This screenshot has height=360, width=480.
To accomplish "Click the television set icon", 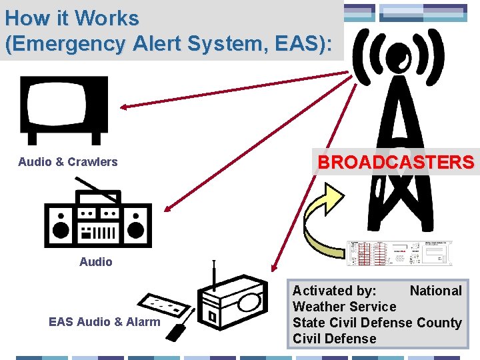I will [x=64, y=109].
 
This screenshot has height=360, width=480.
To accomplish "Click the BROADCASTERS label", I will [x=396, y=162].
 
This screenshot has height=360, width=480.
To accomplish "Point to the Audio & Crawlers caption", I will [x=68, y=162].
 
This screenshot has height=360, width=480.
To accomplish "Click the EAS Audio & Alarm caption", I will [x=105, y=322].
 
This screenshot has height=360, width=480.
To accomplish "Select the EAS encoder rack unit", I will [x=399, y=257].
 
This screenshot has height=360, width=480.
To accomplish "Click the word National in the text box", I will [x=435, y=291].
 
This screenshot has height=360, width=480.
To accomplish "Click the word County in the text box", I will [x=439, y=323].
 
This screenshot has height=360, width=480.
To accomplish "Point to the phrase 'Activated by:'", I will [x=334, y=291].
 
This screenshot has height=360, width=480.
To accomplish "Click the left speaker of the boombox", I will [x=61, y=223].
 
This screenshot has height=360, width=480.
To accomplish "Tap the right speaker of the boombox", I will [x=136, y=223].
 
